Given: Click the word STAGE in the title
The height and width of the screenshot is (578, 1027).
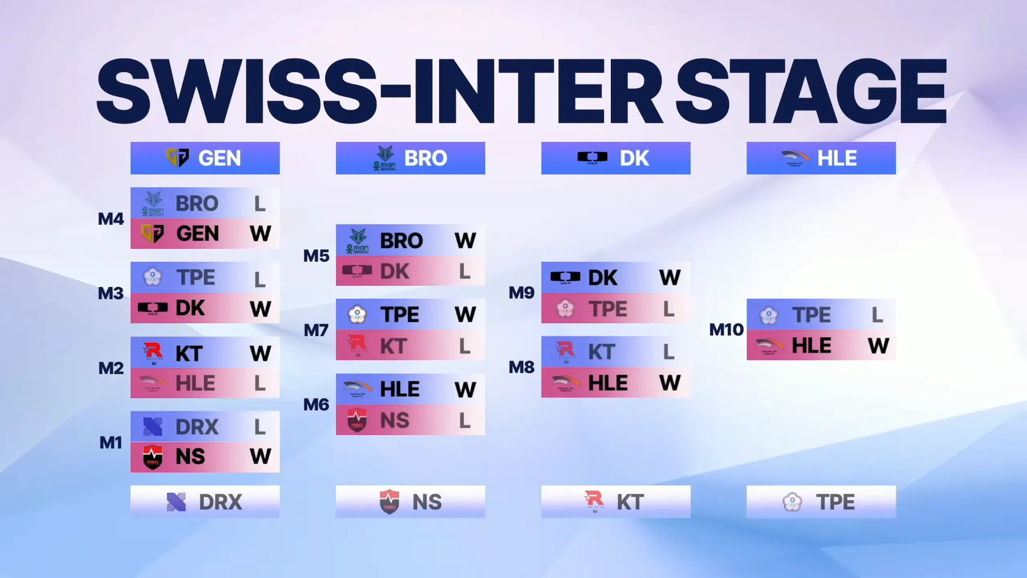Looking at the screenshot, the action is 811,92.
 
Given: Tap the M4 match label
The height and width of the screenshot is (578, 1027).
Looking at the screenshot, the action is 111,219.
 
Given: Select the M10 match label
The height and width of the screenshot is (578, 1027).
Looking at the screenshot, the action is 727,330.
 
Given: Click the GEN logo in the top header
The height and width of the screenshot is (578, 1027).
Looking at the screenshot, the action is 177,158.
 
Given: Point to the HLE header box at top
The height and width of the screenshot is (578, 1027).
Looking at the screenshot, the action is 821,158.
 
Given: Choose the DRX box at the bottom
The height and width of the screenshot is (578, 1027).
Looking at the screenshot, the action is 205,501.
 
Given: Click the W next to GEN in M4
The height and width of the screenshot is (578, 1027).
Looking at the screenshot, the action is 260,234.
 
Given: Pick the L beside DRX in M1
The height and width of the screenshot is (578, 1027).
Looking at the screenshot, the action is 260,427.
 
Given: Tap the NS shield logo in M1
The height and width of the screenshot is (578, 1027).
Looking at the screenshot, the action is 153,457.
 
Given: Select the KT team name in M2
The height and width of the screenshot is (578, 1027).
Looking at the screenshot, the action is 189,354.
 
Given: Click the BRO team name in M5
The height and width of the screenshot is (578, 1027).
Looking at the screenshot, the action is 402,241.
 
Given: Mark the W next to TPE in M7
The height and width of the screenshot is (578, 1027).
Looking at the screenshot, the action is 465,314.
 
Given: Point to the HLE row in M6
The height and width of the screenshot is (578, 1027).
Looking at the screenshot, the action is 410,389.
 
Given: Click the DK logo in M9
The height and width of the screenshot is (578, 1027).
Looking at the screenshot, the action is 565,277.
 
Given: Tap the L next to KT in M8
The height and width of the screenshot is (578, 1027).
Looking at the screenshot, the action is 669,352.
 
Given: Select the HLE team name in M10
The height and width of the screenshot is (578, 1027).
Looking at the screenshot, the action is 812,346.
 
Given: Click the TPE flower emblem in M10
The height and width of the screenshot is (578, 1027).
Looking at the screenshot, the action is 769,315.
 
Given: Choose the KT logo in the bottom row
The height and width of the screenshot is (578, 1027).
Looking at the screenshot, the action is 594,501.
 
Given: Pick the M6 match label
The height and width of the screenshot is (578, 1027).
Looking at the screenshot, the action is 317,405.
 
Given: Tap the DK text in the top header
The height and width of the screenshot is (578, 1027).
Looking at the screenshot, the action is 634,158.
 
